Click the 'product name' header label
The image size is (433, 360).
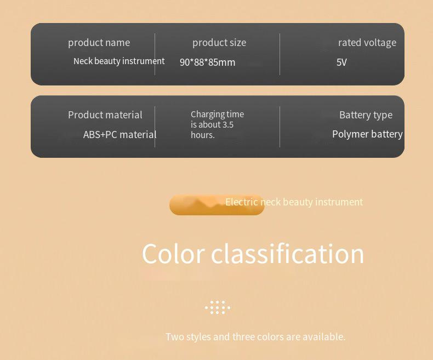tap(99, 43)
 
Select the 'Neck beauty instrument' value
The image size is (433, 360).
tap(119, 61)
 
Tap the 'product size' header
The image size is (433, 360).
tap(219, 43)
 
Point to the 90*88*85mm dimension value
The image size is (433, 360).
tap(207, 62)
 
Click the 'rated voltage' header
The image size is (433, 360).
tap(367, 43)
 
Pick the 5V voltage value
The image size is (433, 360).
tap(341, 62)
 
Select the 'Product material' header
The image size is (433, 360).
tap(105, 115)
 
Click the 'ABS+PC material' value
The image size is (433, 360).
tap(120, 135)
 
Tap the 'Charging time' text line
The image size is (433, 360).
tap(218, 115)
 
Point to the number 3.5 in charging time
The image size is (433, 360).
tap(228, 124)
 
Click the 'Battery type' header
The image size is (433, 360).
tap(366, 115)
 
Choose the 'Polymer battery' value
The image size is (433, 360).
tap(367, 134)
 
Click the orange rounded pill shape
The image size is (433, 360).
tap(217, 205)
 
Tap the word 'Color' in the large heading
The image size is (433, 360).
tap(173, 254)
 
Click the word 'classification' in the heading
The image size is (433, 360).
tap(287, 254)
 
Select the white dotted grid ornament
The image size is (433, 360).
tap(218, 307)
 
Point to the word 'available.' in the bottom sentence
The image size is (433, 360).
tap(324, 337)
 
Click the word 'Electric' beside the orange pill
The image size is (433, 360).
tap(242, 202)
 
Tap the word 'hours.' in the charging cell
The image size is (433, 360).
tap(203, 135)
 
